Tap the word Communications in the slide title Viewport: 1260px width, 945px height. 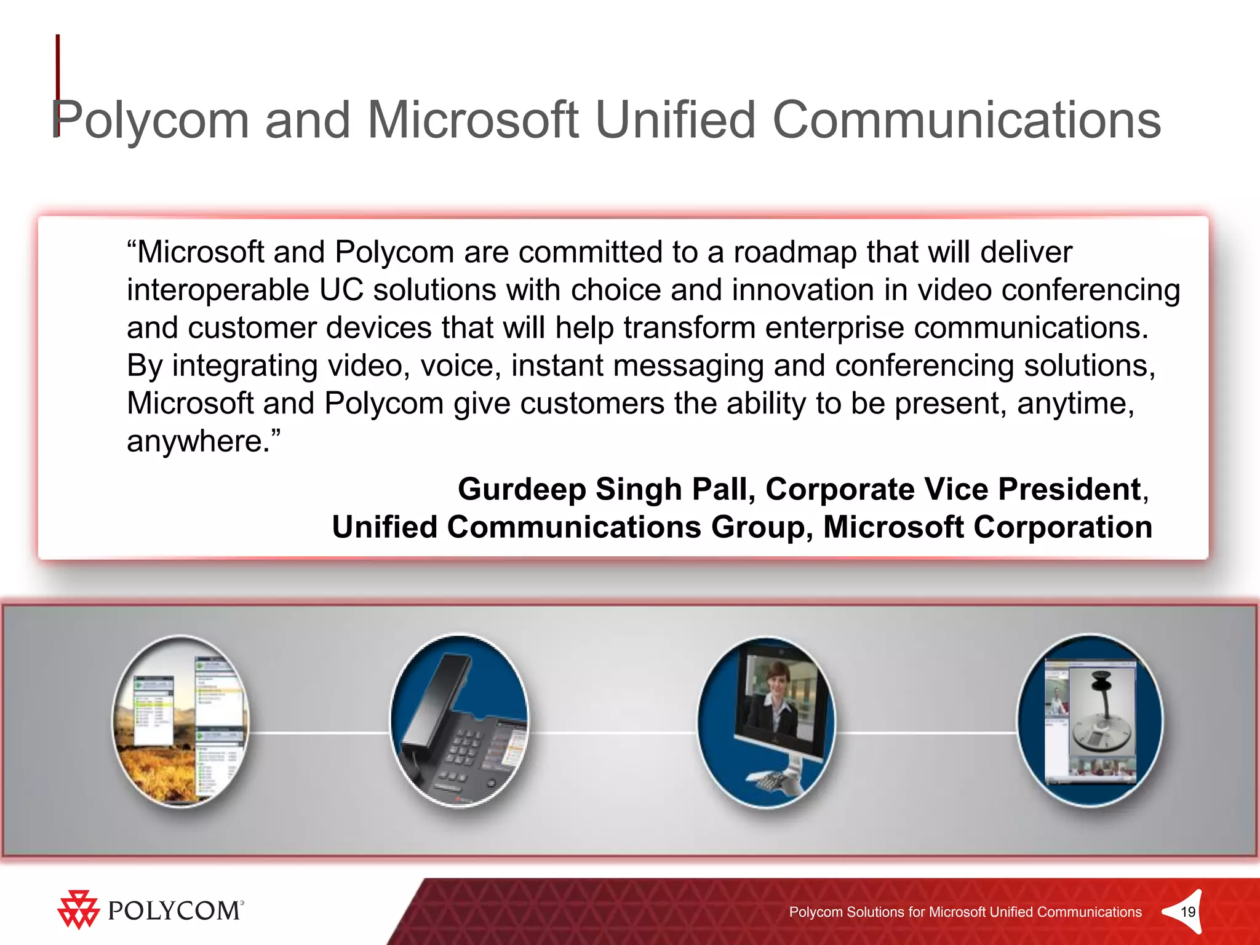(x=966, y=120)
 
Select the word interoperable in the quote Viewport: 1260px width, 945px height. (x=217, y=290)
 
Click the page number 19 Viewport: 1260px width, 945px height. (x=1188, y=912)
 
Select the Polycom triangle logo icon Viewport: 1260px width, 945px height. (x=78, y=909)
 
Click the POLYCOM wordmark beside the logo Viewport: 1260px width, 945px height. (x=175, y=911)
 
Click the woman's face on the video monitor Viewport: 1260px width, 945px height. (x=776, y=677)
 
